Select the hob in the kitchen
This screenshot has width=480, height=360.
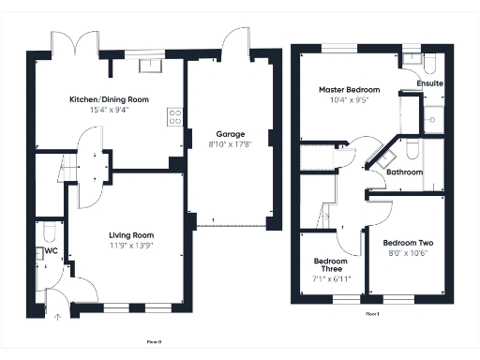(174, 117)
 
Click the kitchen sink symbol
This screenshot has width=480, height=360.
(151, 66)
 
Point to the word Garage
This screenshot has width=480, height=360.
(230, 134)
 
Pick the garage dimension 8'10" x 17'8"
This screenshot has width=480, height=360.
(230, 144)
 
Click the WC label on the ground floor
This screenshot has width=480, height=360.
(52, 251)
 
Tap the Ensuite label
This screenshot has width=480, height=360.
(430, 83)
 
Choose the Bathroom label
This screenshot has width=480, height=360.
(404, 172)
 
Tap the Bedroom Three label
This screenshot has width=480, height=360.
(330, 264)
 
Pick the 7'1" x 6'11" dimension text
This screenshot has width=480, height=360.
(330, 279)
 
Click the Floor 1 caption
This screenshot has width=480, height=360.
(372, 314)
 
